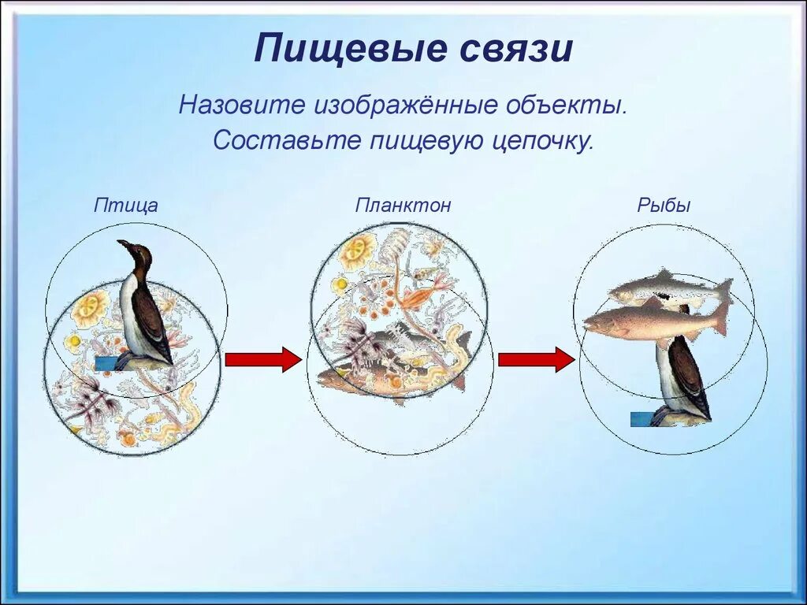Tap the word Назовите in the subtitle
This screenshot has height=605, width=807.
point(241,106)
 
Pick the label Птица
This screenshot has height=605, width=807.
point(125,206)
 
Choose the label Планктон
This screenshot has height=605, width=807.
point(403,205)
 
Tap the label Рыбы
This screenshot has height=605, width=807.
point(664,206)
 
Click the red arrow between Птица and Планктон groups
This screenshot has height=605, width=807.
point(262,359)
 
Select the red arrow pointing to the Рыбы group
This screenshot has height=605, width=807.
point(536,359)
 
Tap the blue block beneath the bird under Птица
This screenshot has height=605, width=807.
point(106,364)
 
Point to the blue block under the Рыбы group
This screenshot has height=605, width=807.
point(643,419)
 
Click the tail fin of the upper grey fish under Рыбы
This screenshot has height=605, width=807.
point(724,291)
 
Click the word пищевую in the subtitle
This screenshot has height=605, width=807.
point(425,141)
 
